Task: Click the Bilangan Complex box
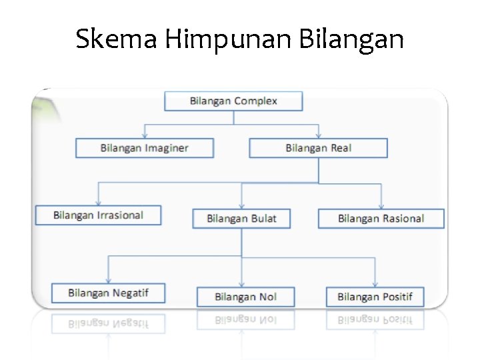point(233,101)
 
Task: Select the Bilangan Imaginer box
point(145,148)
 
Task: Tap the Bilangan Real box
point(318,148)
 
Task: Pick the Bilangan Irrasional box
point(98,215)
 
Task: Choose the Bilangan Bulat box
point(241,219)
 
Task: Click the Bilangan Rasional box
point(381,219)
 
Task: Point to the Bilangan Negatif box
point(108,293)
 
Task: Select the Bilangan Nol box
point(245,297)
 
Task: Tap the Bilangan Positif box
point(375,297)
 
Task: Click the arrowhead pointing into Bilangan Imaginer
point(144,135)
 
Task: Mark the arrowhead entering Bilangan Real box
point(319,135)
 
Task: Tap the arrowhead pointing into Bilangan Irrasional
point(99,202)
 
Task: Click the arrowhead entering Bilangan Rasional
point(381,206)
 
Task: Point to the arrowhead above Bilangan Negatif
point(108,280)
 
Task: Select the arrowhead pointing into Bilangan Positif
point(375,284)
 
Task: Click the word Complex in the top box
point(256,101)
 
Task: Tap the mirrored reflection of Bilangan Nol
point(245,321)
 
